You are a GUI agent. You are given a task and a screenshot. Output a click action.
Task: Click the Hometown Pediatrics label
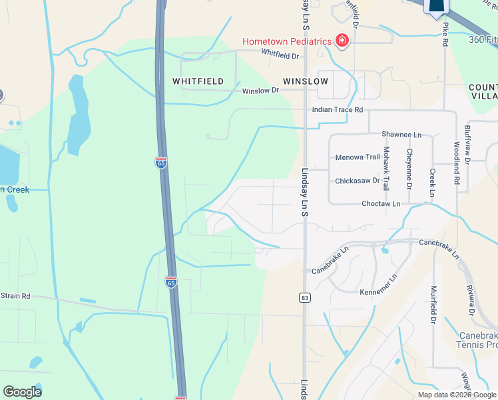(x=286, y=41)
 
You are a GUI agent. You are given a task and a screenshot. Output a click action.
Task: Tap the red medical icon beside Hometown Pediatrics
(x=342, y=41)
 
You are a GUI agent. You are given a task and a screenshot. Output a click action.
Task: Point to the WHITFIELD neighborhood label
(x=198, y=81)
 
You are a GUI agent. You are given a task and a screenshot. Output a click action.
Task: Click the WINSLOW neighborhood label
(x=306, y=81)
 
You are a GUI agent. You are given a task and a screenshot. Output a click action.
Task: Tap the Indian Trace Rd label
(x=339, y=109)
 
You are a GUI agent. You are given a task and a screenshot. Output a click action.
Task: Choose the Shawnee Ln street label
(x=401, y=134)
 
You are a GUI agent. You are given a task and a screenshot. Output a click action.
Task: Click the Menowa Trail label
(x=358, y=157)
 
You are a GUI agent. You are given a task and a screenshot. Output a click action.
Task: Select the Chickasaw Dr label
(x=358, y=180)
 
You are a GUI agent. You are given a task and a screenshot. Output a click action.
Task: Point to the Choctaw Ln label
(x=381, y=203)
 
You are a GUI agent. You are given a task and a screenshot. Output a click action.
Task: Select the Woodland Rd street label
(x=457, y=162)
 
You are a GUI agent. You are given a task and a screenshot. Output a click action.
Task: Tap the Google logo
(x=22, y=392)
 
